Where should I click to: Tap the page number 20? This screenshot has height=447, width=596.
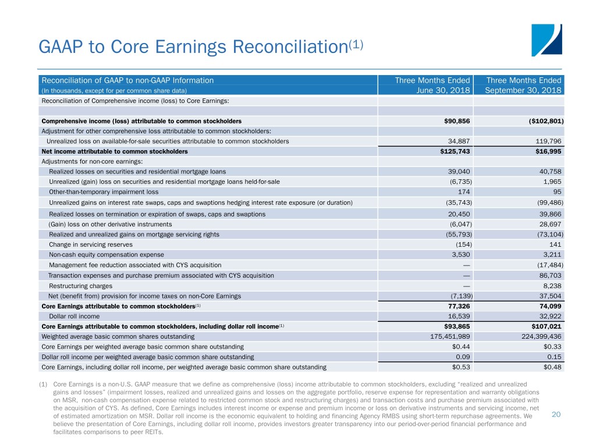556,414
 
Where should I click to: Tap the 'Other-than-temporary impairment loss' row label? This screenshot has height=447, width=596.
104,191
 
